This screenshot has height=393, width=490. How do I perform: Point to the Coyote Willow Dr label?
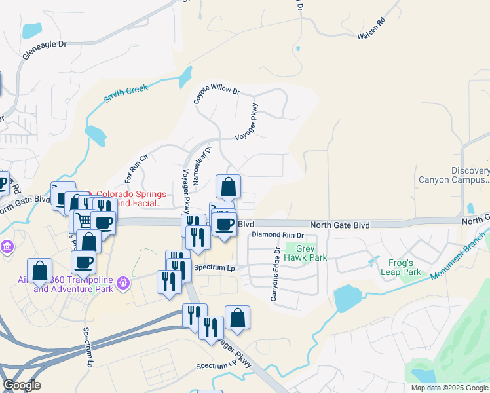tap(216, 94)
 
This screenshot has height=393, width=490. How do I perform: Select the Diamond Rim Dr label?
tap(278, 234)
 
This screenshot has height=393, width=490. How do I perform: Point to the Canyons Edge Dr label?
tap(276, 274)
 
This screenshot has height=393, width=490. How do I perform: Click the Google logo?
tap(22, 385)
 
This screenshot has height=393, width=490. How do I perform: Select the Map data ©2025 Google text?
tap(449, 388)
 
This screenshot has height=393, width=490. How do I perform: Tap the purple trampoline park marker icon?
tap(124, 284)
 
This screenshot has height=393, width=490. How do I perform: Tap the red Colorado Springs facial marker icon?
tap(89, 194)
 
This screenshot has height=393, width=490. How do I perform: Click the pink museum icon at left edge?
tap(7, 247)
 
